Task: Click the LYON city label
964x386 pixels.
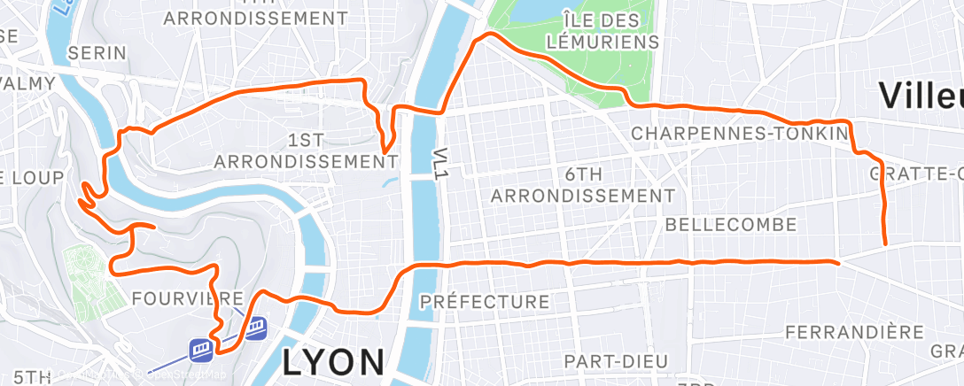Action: pos(334,361)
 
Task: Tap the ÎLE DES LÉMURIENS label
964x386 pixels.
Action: pos(610,30)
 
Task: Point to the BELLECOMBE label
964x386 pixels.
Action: pos(730,224)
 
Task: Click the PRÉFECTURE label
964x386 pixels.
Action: pos(485,302)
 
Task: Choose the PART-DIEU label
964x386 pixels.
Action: pos(610,360)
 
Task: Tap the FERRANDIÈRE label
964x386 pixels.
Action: pos(856,332)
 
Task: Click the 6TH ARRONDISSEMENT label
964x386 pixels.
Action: pos(578,183)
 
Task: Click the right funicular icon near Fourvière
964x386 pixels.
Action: pos(258,328)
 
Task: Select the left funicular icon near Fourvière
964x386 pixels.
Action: pos(200,350)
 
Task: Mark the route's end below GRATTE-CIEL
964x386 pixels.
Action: pos(885,243)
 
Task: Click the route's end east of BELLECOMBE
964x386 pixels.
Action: pos(837,261)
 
